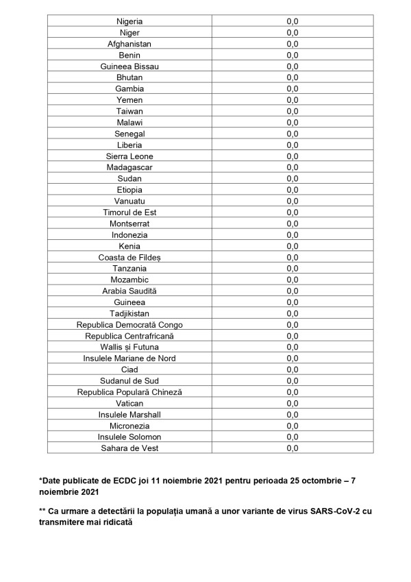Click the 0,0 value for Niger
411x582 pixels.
click(292, 33)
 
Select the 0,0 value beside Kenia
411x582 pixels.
click(292, 246)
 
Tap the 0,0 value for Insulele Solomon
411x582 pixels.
click(292, 437)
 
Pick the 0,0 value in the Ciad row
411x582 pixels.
click(292, 369)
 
